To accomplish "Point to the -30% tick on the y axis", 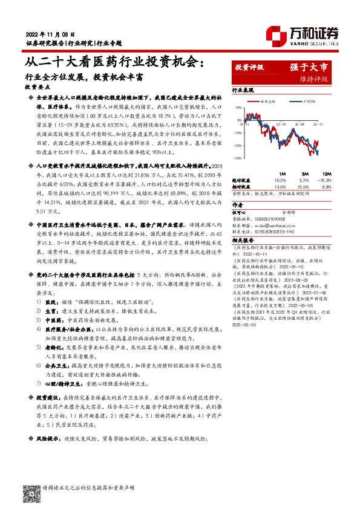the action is click(238, 158).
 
